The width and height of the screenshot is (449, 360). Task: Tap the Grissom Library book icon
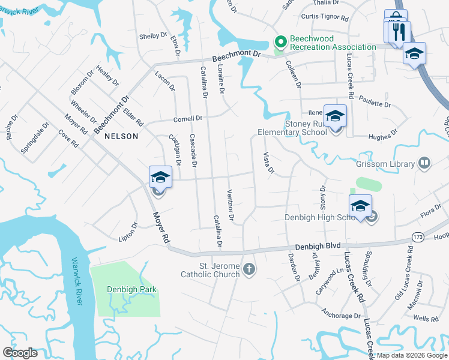[424, 163]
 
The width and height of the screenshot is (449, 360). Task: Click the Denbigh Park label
[131, 289]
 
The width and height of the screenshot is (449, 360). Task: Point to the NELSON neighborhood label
[121, 136]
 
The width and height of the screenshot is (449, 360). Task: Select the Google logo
[20, 353]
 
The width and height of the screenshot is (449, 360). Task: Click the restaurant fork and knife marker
[399, 31]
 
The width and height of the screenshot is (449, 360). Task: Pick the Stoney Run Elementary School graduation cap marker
[336, 115]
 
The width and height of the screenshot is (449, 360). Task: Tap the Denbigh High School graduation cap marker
[360, 206]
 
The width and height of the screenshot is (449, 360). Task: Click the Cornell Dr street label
[188, 118]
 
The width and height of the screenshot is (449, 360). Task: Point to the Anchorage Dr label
[340, 315]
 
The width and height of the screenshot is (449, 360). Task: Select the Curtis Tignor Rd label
[324, 18]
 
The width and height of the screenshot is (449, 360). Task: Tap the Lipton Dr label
[128, 232]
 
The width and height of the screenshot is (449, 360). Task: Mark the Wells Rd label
[426, 319]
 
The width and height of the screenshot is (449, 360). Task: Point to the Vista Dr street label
[268, 164]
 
